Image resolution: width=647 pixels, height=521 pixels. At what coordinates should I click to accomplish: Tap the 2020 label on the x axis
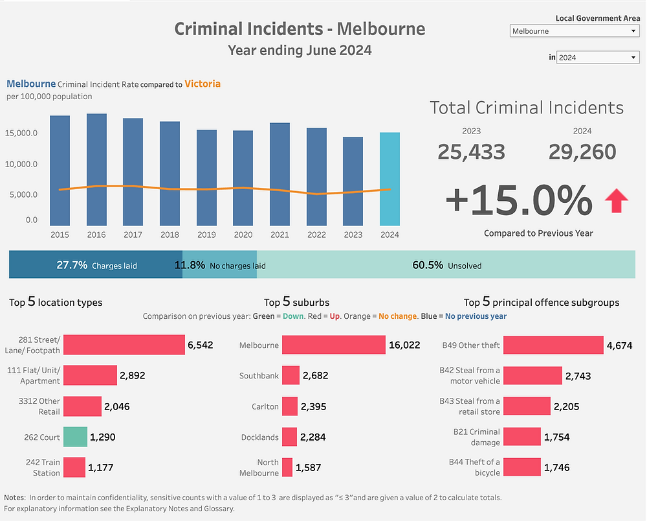pos(243,235)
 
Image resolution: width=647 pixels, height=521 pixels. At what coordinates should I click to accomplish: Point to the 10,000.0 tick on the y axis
pos(22,164)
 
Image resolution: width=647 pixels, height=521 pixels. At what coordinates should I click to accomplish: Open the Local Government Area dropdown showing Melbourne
pos(574,31)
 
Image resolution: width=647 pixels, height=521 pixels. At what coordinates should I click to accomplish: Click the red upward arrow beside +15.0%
pos(616,202)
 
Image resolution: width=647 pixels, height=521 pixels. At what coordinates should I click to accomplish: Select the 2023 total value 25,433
pos(471,152)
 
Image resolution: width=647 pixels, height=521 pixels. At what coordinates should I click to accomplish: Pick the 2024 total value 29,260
pos(582,152)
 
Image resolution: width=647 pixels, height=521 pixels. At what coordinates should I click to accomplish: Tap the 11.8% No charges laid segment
pos(220,265)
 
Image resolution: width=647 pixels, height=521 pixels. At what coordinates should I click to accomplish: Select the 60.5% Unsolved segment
pos(446,265)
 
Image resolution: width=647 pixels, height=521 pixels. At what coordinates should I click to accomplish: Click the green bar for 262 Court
pos(75,437)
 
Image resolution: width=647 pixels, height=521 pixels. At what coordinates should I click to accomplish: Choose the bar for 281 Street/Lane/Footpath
pos(124,345)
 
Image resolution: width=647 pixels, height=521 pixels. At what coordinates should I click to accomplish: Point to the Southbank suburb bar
pos(291,376)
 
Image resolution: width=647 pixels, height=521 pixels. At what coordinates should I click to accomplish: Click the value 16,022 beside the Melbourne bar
pos(404,345)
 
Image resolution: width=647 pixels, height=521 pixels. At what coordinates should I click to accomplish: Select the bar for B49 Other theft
pos(553,345)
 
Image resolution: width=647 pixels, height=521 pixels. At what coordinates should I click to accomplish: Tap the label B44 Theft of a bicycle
pos(474,467)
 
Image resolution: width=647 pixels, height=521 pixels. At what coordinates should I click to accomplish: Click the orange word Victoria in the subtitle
pos(202,84)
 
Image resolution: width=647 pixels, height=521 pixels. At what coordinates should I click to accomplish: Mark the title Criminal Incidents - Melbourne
pos(300,29)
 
